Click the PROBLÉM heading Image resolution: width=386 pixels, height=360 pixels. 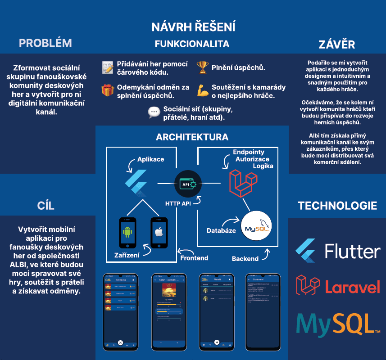[x=45, y=43]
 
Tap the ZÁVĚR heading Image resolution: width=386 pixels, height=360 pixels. [x=337, y=45]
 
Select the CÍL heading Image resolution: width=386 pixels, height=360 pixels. [x=45, y=206]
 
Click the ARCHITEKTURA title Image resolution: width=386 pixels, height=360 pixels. [x=192, y=137]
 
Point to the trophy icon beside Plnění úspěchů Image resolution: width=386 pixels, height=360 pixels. [x=202, y=68]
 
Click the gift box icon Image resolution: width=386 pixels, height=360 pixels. [x=108, y=90]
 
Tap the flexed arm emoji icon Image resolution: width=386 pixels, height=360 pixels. [x=202, y=90]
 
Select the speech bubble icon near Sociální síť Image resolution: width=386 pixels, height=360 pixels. [x=154, y=112]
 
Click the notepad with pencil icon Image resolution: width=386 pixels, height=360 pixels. [x=108, y=67]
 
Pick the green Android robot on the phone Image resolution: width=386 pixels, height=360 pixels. [x=127, y=233]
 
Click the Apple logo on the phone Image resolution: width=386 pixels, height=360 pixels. [x=159, y=233]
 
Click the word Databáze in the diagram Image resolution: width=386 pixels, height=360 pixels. [x=221, y=231]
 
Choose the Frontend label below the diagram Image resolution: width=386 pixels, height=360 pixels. [x=194, y=258]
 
